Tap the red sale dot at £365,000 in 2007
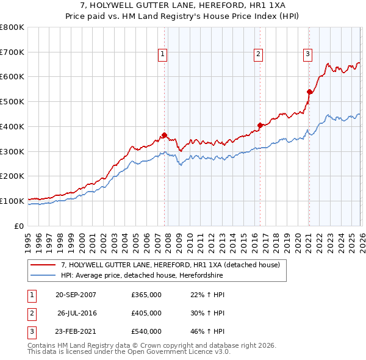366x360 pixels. point(165,135)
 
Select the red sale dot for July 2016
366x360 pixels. point(260,125)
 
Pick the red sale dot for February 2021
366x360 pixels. point(309,92)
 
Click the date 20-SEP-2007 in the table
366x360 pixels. point(76,295)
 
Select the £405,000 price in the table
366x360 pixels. point(146,313)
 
